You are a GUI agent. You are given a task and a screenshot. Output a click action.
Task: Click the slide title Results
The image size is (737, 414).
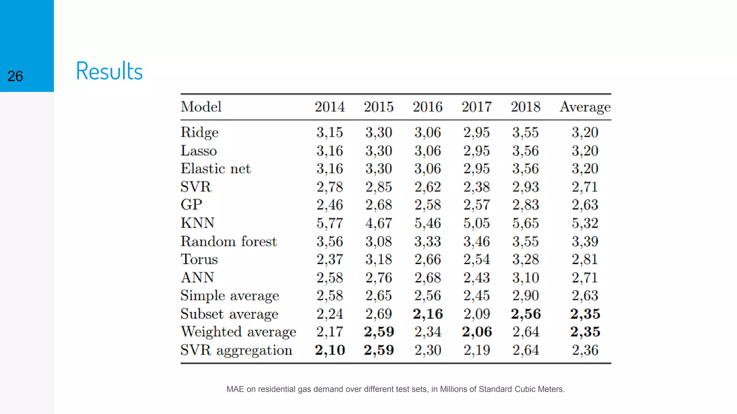click(109, 71)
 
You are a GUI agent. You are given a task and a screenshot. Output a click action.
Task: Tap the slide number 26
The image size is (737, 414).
click(15, 76)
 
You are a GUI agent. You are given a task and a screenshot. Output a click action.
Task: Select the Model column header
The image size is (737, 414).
click(201, 107)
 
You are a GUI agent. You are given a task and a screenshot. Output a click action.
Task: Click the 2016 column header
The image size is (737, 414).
click(428, 107)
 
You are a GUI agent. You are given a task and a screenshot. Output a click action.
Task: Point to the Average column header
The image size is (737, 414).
click(585, 107)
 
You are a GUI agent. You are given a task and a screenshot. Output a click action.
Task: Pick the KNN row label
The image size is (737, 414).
click(198, 223)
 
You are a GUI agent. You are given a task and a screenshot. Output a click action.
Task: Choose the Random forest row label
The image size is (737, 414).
click(229, 241)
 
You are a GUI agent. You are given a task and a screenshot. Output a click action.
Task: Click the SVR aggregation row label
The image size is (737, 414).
click(236, 350)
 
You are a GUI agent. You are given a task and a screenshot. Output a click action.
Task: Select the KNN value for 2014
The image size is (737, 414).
click(330, 223)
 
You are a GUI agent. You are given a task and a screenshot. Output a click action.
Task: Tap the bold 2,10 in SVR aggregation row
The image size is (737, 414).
click(330, 350)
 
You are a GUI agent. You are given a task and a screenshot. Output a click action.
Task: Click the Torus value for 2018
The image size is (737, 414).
click(525, 259)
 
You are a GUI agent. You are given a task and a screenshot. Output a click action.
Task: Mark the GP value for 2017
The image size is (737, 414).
click(476, 205)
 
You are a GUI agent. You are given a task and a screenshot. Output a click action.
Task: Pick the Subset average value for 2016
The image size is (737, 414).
click(428, 314)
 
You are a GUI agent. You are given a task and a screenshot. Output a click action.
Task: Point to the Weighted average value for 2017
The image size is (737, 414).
click(476, 332)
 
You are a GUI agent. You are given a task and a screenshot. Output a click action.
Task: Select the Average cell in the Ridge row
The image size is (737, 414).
click(585, 132)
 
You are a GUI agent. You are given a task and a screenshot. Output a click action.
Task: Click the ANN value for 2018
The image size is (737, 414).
click(525, 277)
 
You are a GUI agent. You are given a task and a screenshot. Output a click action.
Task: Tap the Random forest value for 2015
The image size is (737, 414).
click(379, 241)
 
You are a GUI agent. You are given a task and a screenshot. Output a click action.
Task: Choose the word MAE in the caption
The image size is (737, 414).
click(235, 389)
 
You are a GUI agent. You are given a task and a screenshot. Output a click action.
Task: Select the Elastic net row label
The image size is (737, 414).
click(215, 169)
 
